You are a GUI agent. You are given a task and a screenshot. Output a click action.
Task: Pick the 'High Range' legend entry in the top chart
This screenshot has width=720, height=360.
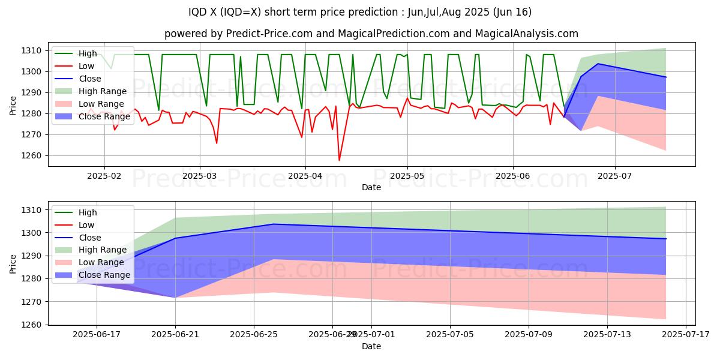pyautogui.click(x=103, y=91)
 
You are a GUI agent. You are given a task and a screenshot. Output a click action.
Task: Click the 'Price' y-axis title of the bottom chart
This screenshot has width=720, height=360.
pyautogui.click(x=13, y=263)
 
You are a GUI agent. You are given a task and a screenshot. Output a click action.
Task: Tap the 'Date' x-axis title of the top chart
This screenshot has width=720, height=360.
pyautogui.click(x=371, y=188)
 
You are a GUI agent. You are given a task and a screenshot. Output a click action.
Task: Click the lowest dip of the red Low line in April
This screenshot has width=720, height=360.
pyautogui.click(x=339, y=160)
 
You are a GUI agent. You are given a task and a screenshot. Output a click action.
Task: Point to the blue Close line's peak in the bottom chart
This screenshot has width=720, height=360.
pyautogui.click(x=273, y=224)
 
